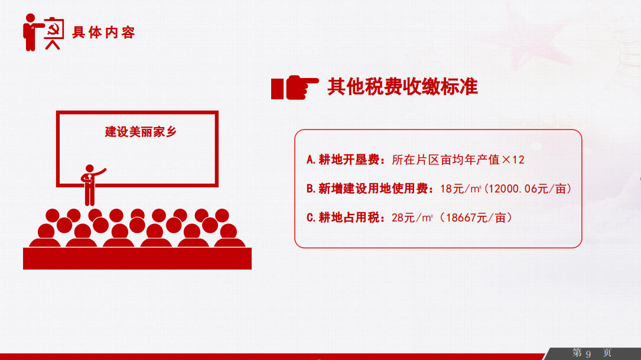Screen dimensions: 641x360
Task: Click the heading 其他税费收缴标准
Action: point(402,87)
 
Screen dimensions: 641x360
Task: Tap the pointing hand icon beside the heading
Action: point(295,87)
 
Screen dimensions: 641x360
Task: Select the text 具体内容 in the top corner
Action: point(103,33)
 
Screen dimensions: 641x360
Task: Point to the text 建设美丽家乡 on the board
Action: point(141,132)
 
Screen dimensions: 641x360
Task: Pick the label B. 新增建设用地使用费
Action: point(370,189)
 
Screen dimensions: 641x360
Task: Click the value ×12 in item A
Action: point(513,160)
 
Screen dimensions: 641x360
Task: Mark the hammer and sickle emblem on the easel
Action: point(54,28)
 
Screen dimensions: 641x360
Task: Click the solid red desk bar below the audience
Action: point(137,258)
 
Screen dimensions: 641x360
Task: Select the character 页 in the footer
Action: point(607,353)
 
